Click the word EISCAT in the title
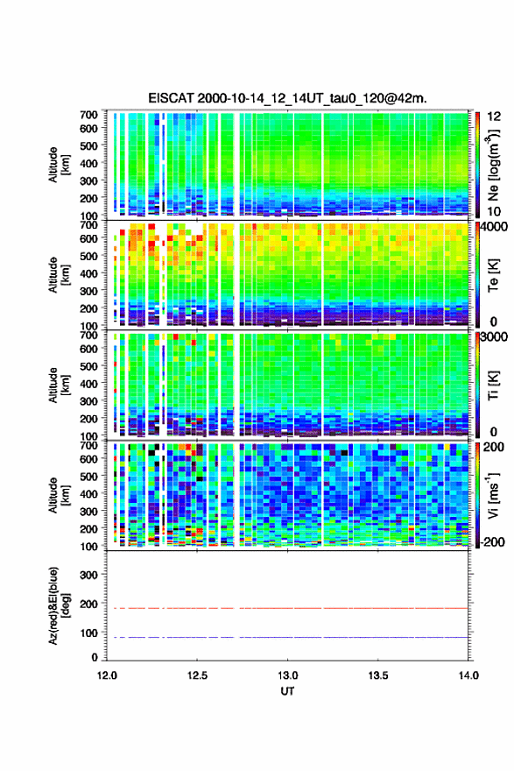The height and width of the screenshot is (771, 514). (171, 98)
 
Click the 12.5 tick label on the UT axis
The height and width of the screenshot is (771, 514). (197, 676)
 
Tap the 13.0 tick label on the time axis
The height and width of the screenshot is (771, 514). (287, 676)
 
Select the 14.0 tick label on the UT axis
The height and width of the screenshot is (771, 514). (468, 676)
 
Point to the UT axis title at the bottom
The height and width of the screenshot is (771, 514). (287, 691)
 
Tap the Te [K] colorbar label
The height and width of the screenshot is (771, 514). (493, 276)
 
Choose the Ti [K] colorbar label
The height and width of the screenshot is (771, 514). (493, 385)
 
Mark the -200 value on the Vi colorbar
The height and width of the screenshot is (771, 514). (490, 541)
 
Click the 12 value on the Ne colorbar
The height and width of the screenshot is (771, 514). (494, 117)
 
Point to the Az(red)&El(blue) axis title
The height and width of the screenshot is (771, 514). (59, 605)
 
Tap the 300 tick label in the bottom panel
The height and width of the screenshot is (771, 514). (88, 575)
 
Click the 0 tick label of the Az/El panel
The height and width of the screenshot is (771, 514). (95, 657)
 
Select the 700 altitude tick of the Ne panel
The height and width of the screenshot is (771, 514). (88, 115)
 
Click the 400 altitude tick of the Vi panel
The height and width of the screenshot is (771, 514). (88, 493)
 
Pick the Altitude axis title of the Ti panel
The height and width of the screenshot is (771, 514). (59, 385)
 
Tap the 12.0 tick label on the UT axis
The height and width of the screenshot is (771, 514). (107, 676)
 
